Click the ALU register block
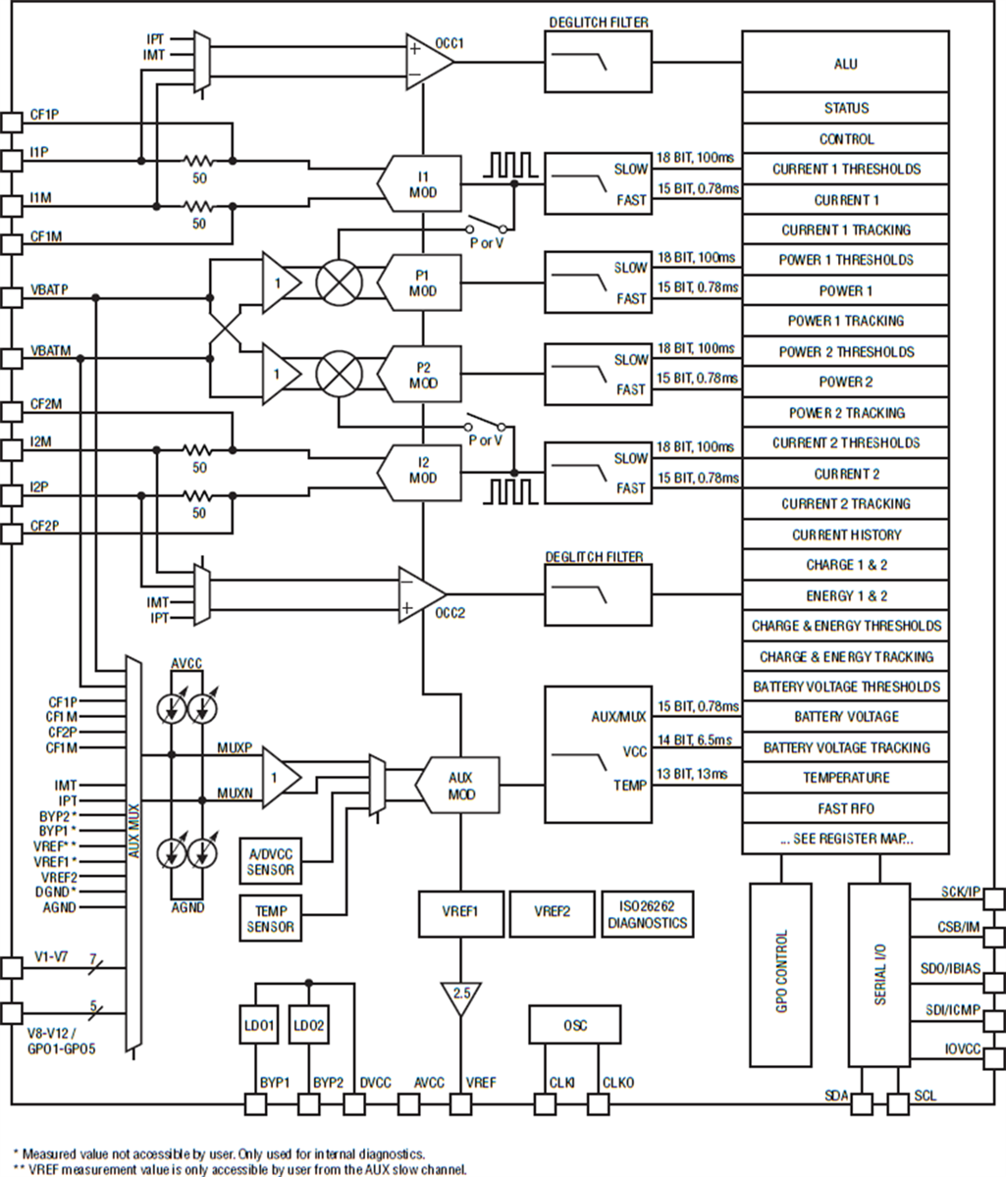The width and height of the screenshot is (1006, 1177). [845, 63]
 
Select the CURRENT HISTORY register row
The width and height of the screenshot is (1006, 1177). [845, 535]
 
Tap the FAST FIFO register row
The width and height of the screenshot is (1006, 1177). [845, 808]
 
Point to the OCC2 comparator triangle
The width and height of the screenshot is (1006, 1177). [420, 593]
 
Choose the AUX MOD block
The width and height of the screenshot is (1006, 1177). [456, 786]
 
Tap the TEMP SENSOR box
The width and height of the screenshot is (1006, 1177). [270, 918]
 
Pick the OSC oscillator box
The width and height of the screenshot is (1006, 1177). [574, 1025]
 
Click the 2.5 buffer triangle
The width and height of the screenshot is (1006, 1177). [460, 996]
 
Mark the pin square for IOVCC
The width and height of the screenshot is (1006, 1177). [993, 1050]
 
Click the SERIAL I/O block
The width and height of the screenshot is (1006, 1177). [879, 974]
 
